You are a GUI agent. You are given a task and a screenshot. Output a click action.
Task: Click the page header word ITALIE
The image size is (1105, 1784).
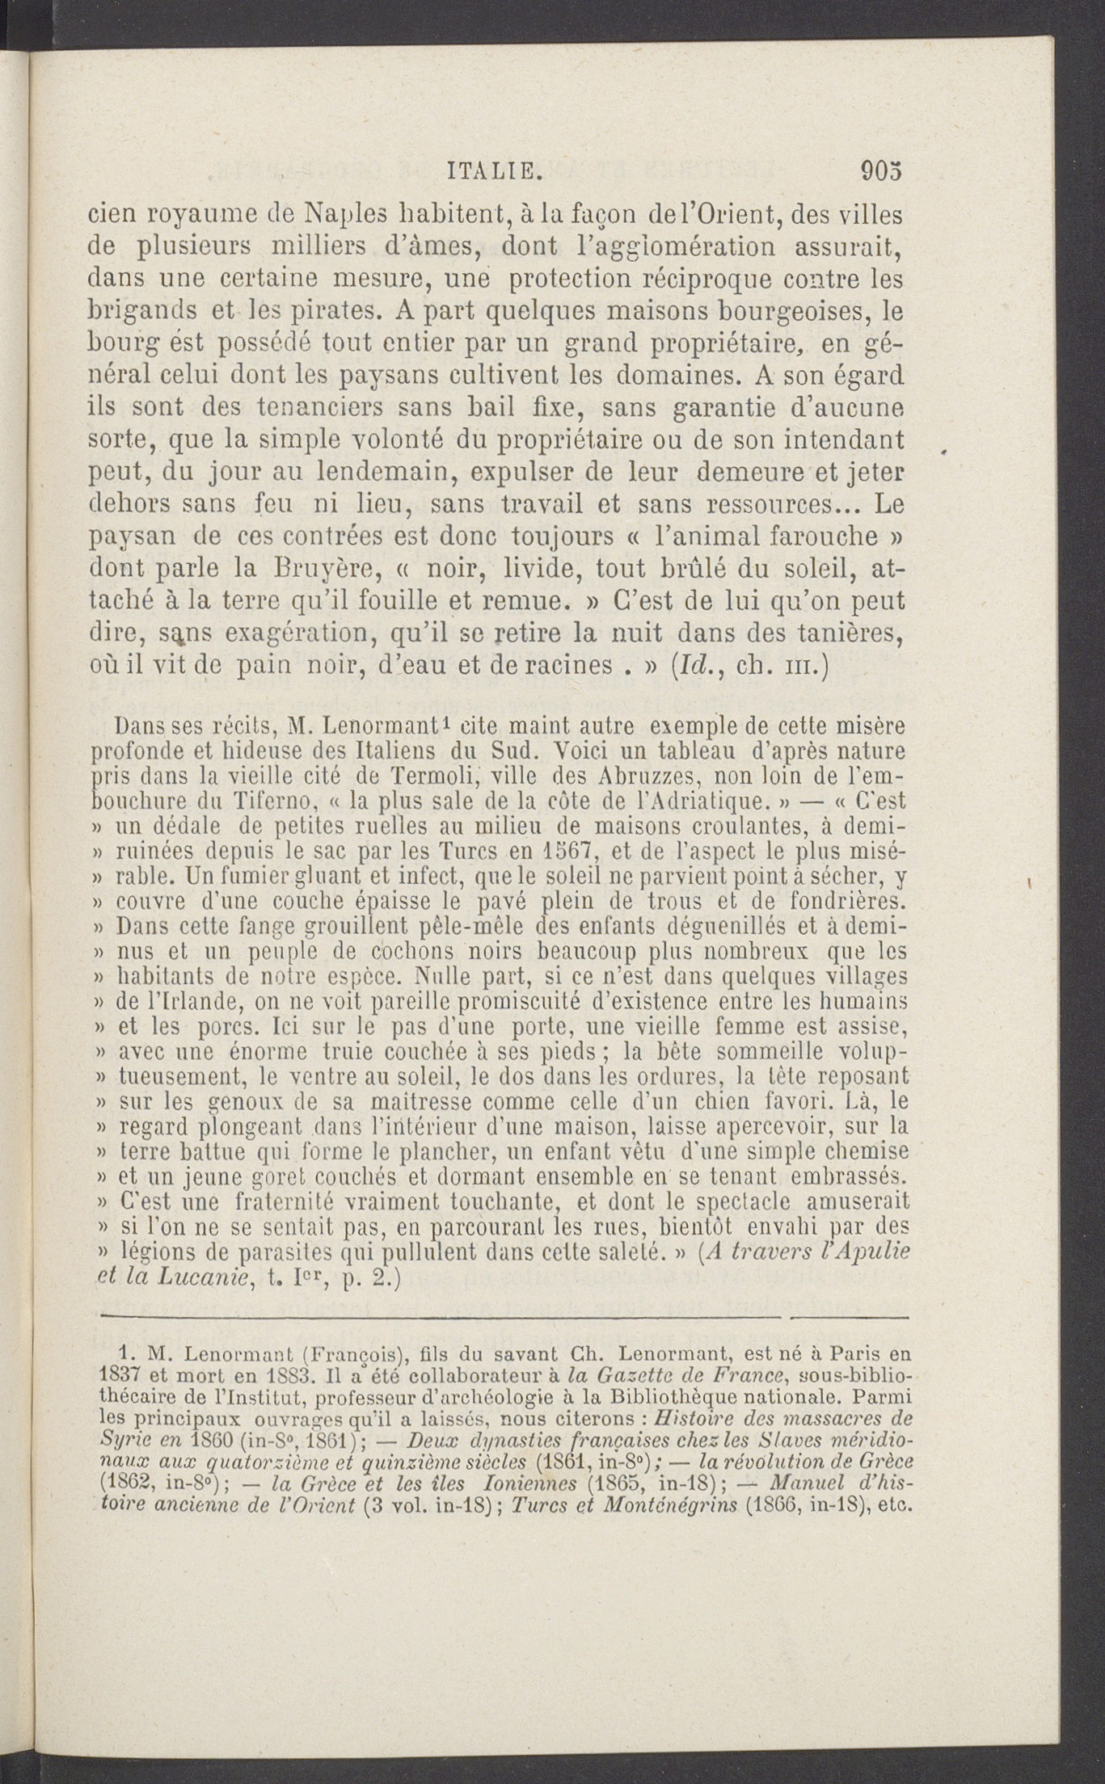click(494, 171)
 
